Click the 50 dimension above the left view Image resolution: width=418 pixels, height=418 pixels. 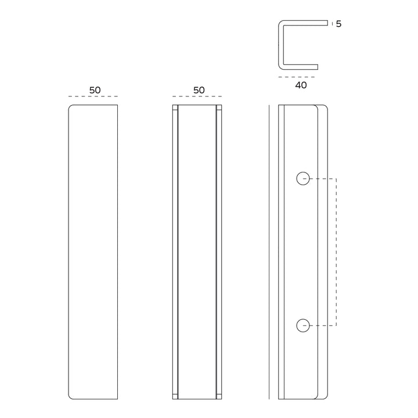pyautogui.click(x=95, y=90)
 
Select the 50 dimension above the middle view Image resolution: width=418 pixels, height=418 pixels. pyautogui.click(x=199, y=90)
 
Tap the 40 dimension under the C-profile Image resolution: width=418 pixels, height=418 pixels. pyautogui.click(x=301, y=85)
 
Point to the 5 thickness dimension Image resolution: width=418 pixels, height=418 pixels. pyautogui.click(x=338, y=24)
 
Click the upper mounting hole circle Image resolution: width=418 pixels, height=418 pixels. pyautogui.click(x=302, y=179)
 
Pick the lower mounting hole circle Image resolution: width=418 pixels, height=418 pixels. pyautogui.click(x=302, y=325)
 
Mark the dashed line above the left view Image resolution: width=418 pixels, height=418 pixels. pyautogui.click(x=93, y=96)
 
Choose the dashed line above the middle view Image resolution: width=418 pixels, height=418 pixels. pyautogui.click(x=198, y=96)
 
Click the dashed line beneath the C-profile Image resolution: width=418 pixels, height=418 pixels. pyautogui.click(x=297, y=77)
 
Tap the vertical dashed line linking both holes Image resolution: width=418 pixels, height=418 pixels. pyautogui.click(x=337, y=252)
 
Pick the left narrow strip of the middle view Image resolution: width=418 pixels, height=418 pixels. pyautogui.click(x=175, y=252)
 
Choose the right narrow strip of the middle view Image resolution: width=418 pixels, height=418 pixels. pyautogui.click(x=219, y=252)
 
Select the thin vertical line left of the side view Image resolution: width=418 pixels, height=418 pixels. pyautogui.click(x=270, y=252)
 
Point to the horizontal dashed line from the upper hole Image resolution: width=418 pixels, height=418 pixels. pyautogui.click(x=323, y=179)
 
